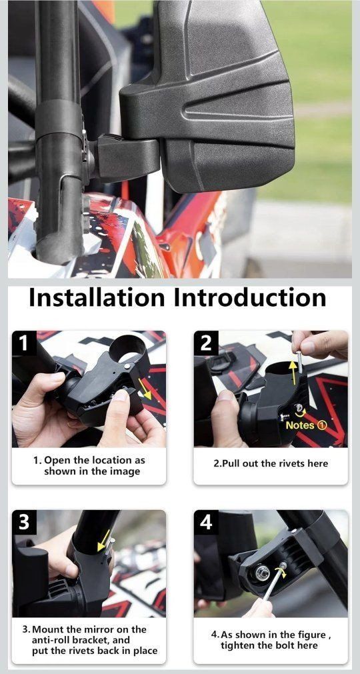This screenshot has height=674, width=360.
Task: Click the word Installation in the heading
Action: coord(97,297)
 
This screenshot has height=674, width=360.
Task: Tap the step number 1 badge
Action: coord(24,343)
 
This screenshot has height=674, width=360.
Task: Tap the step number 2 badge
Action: coord(206,343)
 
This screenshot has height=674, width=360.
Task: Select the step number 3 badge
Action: coord(24,523)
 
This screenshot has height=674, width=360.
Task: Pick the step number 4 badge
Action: coord(206,523)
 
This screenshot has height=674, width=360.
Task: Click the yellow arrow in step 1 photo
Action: coord(145,389)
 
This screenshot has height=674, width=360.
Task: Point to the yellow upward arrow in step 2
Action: coord(293,373)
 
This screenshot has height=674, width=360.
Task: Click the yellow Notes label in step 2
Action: coord(306,425)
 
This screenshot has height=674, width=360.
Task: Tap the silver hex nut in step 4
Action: coord(261,573)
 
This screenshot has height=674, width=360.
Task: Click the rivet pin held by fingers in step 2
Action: coord(299,362)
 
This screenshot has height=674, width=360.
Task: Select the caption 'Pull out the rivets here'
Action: coord(271,463)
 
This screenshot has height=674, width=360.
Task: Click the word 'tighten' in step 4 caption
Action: coord(239,645)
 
